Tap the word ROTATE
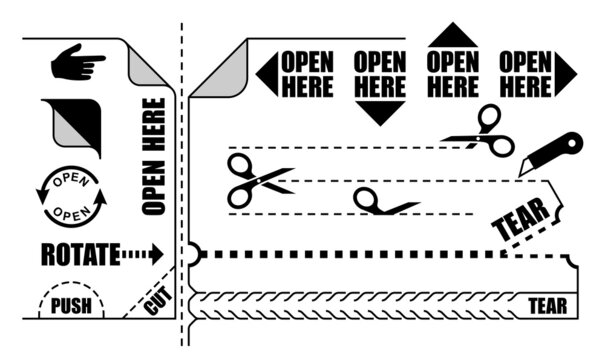click(80, 254)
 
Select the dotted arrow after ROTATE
click(142, 254)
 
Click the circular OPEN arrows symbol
click(71, 196)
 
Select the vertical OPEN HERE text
click(153, 155)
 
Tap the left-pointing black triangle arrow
click(266, 75)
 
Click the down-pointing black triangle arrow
click(379, 111)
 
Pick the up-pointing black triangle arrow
click(452, 36)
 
